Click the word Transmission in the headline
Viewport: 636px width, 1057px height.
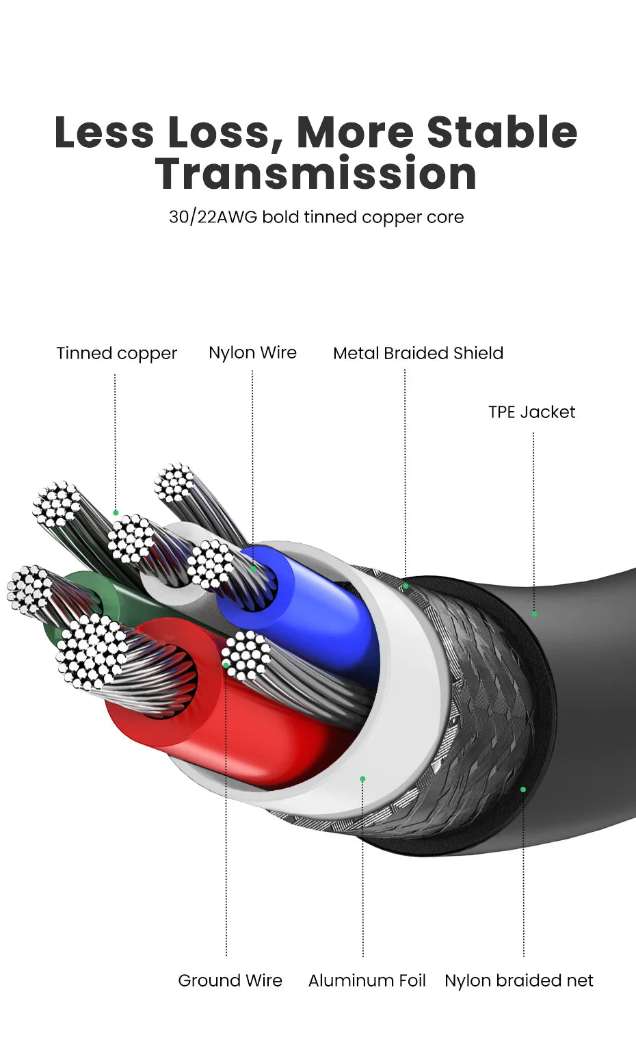[x=315, y=174]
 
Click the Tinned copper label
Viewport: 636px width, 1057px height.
[x=116, y=353]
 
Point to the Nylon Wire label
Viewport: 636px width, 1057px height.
[x=252, y=352]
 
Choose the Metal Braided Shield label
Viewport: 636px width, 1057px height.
[x=418, y=353]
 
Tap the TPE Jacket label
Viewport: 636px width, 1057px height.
[x=531, y=412]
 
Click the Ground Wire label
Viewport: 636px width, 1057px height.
[x=230, y=980]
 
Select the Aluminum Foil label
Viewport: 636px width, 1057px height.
[x=367, y=980]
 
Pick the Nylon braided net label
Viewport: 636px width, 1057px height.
[x=518, y=980]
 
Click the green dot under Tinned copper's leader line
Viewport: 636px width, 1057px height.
[x=116, y=512]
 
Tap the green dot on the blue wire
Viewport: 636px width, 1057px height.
[x=253, y=568]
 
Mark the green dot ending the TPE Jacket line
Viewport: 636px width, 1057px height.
[x=534, y=614]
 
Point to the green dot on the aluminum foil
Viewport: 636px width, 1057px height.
[x=362, y=779]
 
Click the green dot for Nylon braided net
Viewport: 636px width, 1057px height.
[x=523, y=790]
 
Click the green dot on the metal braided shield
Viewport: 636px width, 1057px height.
[x=406, y=586]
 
